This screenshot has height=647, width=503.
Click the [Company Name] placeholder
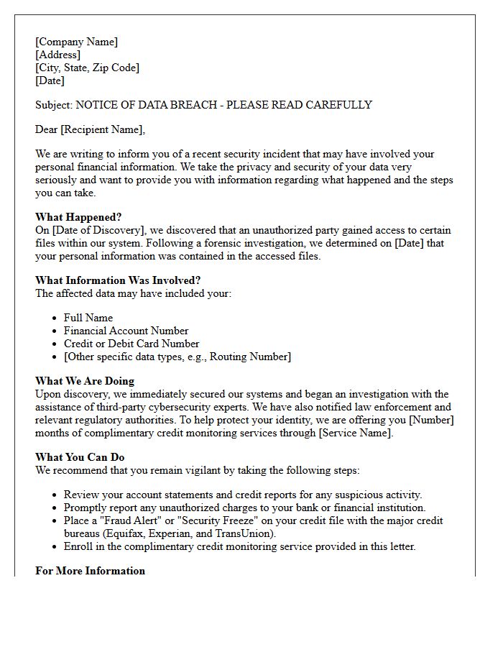click(76, 42)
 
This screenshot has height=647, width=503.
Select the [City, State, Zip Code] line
click(87, 68)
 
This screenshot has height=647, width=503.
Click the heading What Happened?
click(78, 217)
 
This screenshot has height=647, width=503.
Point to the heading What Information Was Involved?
click(118, 280)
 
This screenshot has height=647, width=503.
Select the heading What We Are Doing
click(85, 381)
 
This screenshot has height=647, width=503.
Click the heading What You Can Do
click(80, 457)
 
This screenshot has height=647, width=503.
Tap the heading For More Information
click(90, 571)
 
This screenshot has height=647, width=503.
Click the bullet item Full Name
click(88, 318)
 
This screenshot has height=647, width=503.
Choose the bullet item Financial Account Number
click(126, 331)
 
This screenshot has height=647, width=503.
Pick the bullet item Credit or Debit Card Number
click(131, 344)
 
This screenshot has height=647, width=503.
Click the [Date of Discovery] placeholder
click(97, 230)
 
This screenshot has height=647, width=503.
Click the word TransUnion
click(249, 533)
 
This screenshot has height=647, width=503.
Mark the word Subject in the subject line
click(53, 105)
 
